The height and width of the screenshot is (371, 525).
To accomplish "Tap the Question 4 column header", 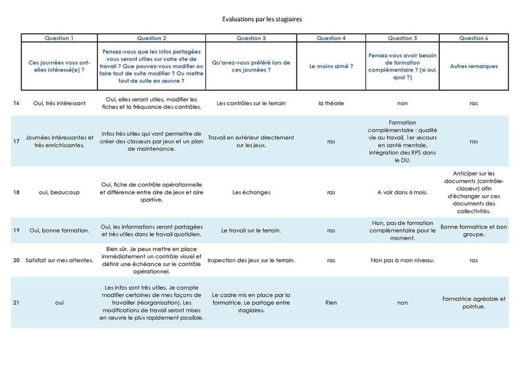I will point(331,38).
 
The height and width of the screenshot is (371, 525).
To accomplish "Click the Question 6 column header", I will point(474,38).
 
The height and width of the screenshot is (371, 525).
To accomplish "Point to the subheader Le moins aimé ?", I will point(331,66).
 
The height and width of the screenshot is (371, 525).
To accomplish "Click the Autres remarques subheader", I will point(474,66).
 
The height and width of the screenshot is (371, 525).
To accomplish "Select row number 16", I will point(15,103).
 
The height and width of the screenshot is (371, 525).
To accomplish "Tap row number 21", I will point(15,303).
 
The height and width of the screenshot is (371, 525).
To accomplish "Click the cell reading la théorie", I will point(331,103).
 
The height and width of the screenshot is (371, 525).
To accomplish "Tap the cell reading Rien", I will point(331,303).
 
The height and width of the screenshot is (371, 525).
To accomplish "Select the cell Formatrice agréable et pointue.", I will point(474,303).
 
